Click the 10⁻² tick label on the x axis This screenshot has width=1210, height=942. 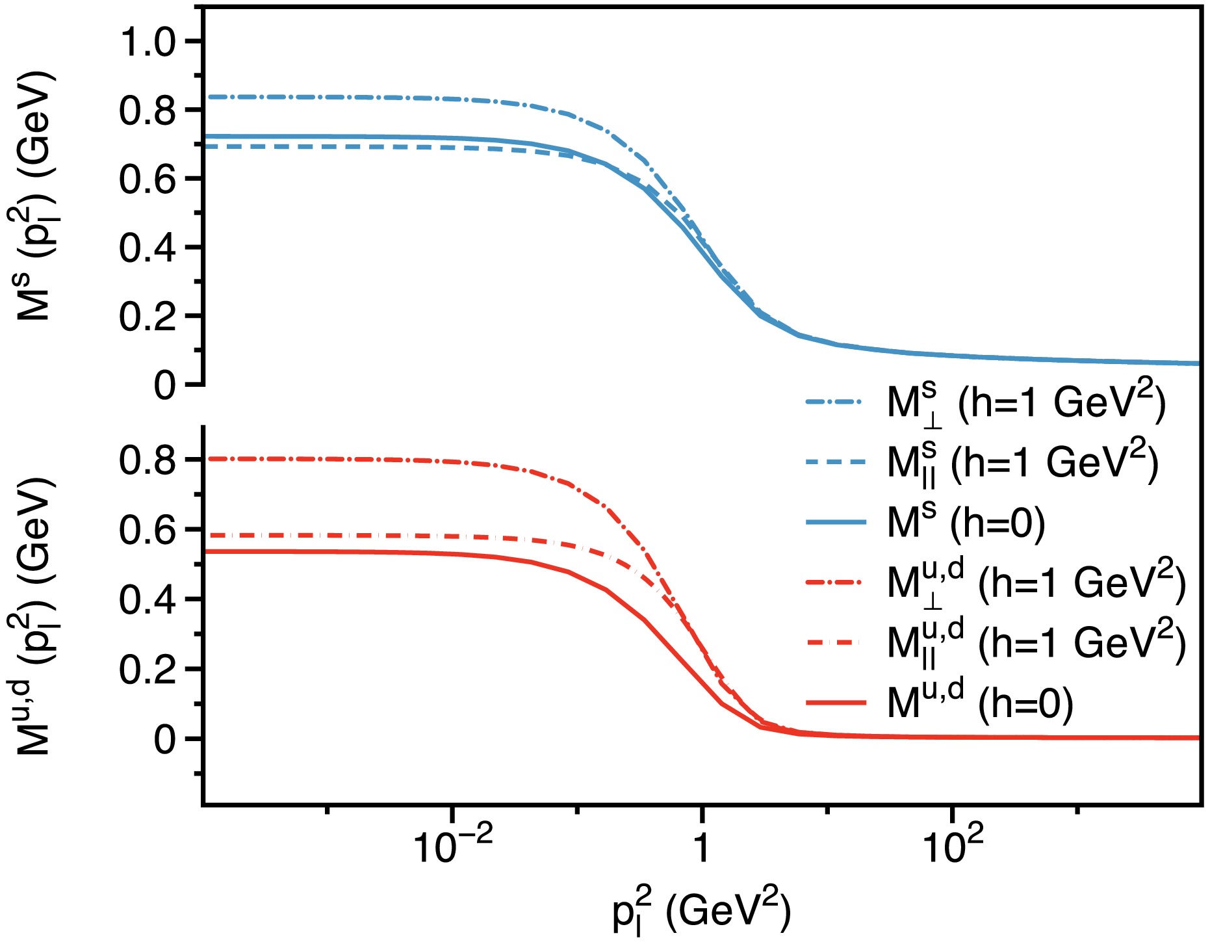[452, 845]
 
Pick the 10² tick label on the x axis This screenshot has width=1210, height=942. [953, 845]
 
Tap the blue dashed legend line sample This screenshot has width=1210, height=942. [835, 462]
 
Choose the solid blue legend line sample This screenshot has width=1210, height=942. [835, 522]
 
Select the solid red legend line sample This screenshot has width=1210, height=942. [835, 703]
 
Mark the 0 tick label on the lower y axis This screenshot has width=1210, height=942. [165, 740]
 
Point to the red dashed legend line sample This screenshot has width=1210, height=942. [835, 642]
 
